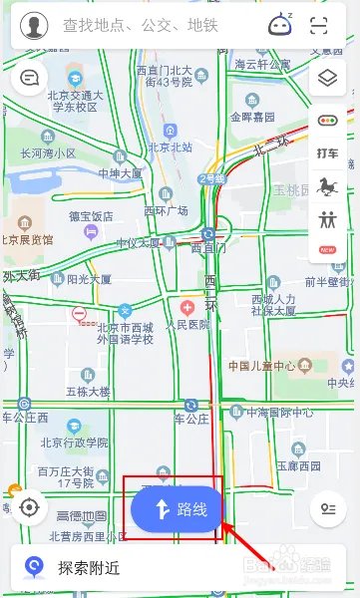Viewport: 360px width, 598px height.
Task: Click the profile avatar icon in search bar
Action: (x=34, y=25)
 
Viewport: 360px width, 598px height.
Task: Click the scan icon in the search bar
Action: (x=319, y=26)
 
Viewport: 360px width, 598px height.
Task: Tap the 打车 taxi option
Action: (x=327, y=152)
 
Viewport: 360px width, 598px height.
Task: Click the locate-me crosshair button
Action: (x=29, y=507)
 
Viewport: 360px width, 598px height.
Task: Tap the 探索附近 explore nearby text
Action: (x=88, y=568)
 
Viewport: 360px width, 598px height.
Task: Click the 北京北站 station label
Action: (x=170, y=148)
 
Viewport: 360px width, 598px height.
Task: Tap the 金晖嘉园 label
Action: (x=255, y=115)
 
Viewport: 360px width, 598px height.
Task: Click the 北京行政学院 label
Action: (x=72, y=442)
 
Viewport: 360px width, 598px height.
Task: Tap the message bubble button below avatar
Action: (x=30, y=77)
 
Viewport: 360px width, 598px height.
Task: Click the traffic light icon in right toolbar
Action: (x=327, y=120)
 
